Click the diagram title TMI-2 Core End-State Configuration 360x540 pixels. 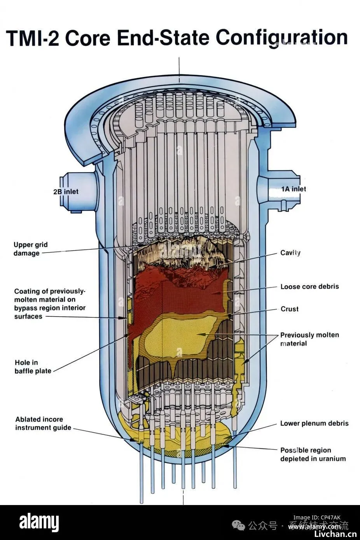tap(177, 38)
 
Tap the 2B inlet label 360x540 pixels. tap(66, 192)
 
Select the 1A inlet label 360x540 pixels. tap(294, 189)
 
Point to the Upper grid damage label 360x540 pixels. tap(31, 249)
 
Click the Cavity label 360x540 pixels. tap(290, 253)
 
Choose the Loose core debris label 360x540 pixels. tap(309, 287)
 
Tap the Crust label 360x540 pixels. tap(290, 309)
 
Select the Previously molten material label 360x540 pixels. tap(309, 339)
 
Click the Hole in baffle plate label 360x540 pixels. tap(33, 366)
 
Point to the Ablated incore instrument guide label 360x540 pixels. tap(43, 423)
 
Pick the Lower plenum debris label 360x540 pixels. tap(314, 423)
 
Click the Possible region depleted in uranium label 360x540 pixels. tap(313, 454)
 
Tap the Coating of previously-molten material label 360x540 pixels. tap(50, 303)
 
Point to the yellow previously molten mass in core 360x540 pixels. tap(179, 334)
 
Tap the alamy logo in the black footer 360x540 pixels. tap(39, 523)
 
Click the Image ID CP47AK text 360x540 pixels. tap(317, 517)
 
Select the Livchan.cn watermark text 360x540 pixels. tap(335, 534)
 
